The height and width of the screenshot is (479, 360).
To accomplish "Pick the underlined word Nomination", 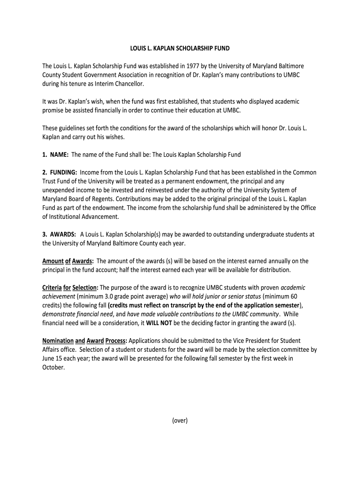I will [x=58, y=341].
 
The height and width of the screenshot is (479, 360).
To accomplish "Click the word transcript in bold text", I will [x=187, y=305].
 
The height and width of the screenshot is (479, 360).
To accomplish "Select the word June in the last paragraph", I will [x=49, y=358].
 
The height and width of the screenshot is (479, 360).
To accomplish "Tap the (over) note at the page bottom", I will [x=180, y=420].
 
